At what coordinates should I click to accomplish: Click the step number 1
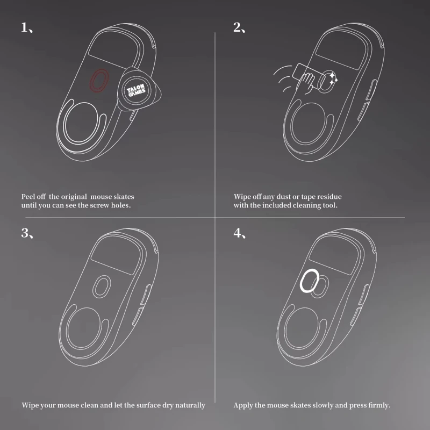coord(24,28)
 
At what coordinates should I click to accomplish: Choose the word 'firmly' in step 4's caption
coord(377,405)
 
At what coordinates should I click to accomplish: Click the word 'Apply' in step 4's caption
coord(243,405)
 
